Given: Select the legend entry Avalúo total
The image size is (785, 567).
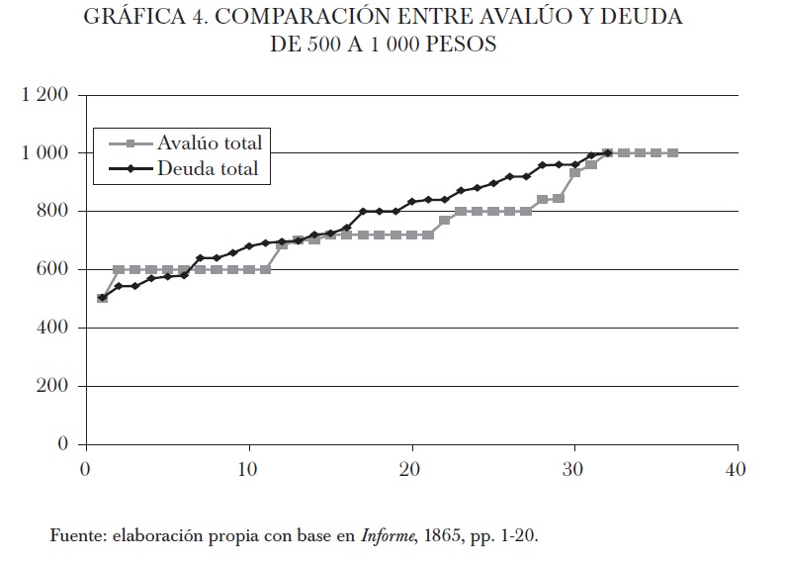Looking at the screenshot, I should (210, 142).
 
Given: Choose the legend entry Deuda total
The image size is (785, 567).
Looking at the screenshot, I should (207, 169).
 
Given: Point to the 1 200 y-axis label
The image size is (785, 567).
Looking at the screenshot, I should (43, 96).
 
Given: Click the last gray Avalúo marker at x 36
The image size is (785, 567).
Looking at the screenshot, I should (672, 152).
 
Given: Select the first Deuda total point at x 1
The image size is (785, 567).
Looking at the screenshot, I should (102, 298).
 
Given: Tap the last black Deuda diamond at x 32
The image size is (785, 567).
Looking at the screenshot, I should (607, 152).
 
